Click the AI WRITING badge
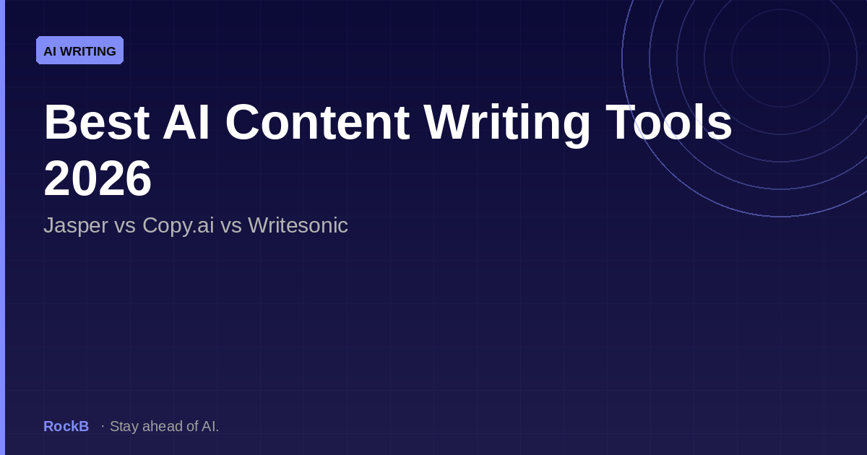79,51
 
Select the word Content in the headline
317,123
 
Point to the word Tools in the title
669,123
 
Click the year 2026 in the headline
98,178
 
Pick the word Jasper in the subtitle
73,225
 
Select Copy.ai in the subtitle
178,225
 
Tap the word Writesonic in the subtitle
298,225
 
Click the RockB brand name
66,426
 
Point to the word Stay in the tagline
124,426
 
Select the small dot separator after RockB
103,426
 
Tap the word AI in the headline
186,123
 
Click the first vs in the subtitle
124,225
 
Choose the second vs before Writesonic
230,225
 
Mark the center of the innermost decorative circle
780,58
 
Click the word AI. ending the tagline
210,426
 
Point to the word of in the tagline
191,426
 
